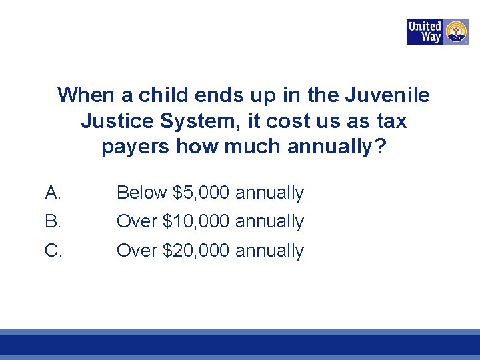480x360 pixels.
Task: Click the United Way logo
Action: [x=437, y=31]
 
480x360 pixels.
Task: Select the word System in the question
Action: [x=193, y=121]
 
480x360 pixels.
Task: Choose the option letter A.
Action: [x=53, y=193]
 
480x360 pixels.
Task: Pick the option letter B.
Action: [x=53, y=221]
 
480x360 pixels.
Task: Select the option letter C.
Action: [x=53, y=250]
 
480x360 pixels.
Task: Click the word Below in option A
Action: [x=141, y=193]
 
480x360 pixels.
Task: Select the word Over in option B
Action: [x=137, y=221]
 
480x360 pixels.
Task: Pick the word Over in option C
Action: [x=137, y=251]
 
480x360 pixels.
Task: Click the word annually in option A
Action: [x=269, y=193]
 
